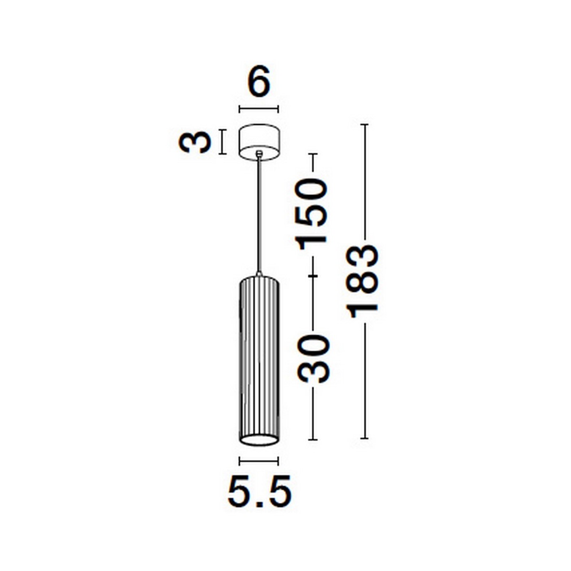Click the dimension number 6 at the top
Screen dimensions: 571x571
(259, 81)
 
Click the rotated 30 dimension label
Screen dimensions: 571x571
(313, 359)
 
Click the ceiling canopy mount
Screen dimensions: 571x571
(259, 142)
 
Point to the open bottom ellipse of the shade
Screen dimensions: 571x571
(259, 448)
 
